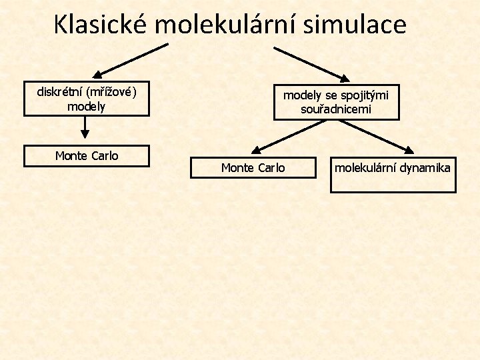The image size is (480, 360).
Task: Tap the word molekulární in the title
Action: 228,25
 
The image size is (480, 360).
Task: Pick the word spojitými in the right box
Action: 365,95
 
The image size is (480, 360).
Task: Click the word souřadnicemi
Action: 336,109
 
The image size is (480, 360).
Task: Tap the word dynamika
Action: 425,167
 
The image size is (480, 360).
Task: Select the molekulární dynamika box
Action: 393,175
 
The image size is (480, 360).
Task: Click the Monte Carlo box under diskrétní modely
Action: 87,155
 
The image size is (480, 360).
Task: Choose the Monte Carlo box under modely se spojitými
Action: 253,167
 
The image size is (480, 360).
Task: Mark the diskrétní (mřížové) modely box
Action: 87,99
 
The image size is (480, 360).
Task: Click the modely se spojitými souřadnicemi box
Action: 336,102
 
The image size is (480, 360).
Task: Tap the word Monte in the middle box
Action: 237,168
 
